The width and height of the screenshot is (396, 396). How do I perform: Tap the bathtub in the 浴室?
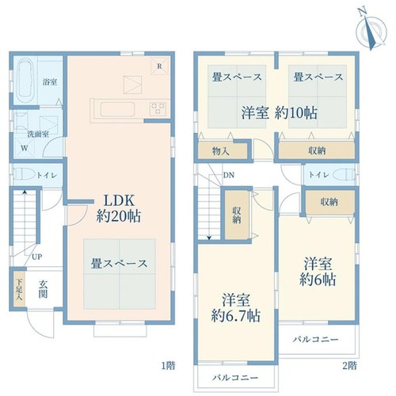pos(25,81)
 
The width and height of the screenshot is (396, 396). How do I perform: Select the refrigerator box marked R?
pos(160,67)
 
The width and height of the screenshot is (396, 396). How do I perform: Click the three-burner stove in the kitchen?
pos(158,109)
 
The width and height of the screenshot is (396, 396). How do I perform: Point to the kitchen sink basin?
pos(117,109)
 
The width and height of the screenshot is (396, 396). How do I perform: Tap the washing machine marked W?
pos(25,148)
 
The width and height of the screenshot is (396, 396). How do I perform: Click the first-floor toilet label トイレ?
pos(47,175)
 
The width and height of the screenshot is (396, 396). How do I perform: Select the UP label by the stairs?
pos(37,257)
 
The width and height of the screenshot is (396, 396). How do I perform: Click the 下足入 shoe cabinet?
pos(19,290)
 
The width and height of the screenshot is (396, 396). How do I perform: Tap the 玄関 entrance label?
pos(43,290)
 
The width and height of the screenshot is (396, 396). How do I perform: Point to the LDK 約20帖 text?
pos(119,208)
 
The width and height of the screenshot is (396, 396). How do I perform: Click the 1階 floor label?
pos(168,365)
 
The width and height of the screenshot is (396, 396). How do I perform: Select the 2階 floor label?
pos(350,365)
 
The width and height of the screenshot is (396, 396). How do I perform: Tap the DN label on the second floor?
pos(229,175)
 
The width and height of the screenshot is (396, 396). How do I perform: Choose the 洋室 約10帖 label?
pos(280,113)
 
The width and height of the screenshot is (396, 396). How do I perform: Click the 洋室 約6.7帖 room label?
pos(236,308)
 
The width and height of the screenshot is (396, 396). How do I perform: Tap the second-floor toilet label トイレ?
pos(319,175)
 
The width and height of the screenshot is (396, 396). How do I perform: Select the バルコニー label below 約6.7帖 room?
pos(235,378)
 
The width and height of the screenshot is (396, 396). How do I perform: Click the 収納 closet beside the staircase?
pos(237,215)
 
